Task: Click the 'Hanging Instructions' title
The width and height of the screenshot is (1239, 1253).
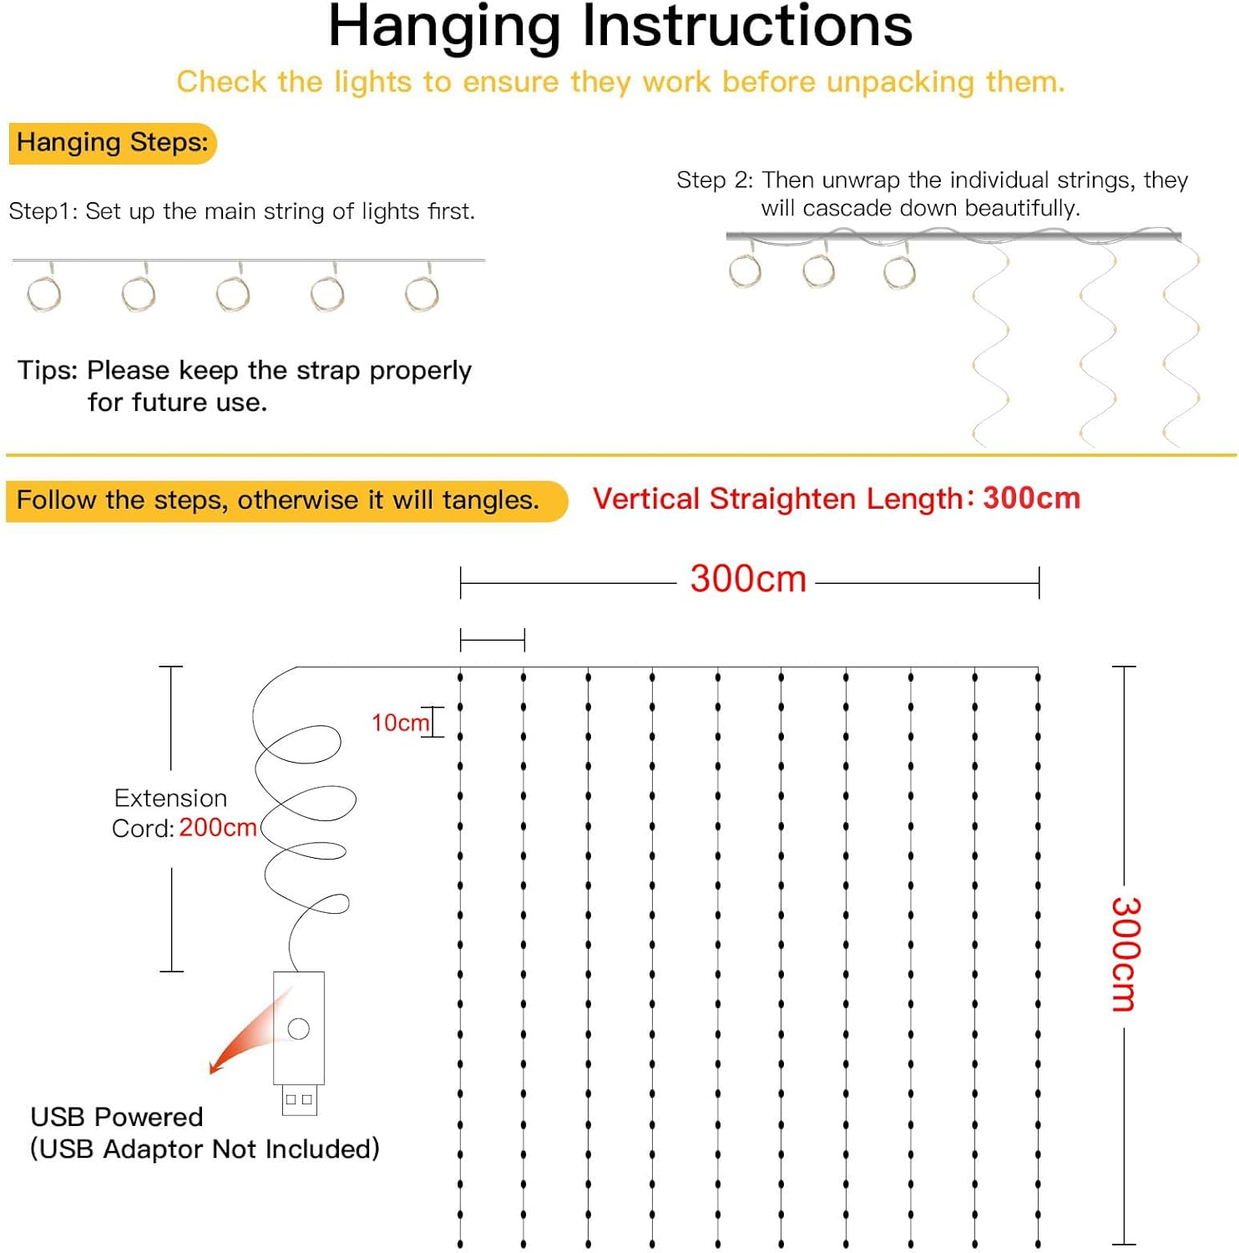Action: [x=619, y=27]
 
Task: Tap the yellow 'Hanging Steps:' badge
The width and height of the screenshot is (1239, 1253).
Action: [x=112, y=143]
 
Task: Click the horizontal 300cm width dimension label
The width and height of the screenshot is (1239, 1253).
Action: [x=747, y=579]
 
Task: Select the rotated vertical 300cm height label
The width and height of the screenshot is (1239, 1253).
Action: [x=1125, y=954]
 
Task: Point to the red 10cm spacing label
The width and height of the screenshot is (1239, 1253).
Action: [x=399, y=723]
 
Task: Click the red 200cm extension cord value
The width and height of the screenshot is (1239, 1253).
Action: [x=217, y=828]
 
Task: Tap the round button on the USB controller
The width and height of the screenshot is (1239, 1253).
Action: [x=298, y=1029]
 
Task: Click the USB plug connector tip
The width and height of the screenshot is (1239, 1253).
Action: [x=299, y=1100]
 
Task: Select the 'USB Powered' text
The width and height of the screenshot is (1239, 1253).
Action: [x=117, y=1117]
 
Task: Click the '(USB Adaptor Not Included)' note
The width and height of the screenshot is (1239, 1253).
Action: [x=205, y=1149]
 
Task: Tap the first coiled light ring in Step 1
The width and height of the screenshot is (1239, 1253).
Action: [x=44, y=293]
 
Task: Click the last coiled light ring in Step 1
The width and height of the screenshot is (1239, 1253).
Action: [x=422, y=293]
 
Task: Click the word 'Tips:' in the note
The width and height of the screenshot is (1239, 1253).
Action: [x=48, y=370]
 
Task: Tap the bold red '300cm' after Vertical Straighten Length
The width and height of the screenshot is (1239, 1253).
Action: [x=1031, y=499]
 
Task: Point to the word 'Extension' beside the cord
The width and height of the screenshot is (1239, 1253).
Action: [x=170, y=799]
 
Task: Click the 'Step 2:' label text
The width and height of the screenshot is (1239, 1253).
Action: [x=714, y=180]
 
